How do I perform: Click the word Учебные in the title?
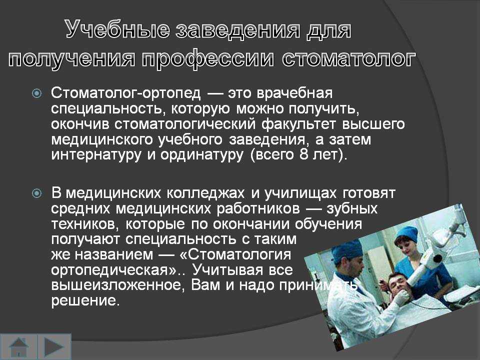pos(118,29)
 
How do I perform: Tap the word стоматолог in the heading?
pos(349,58)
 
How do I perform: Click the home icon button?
pos(19,347)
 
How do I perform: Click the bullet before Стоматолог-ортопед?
pos(36,93)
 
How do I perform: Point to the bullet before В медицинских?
pos(36,193)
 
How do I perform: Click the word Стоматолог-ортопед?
pos(126,93)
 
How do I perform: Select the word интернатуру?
pos(97,155)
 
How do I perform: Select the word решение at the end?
pos(84,301)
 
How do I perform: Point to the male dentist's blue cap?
pos(348,250)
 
